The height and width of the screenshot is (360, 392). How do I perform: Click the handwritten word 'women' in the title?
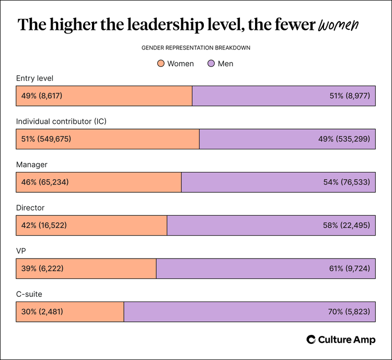pos(338,25)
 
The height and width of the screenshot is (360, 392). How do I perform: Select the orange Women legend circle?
pos(161,64)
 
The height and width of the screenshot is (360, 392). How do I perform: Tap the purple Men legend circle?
pos(211,64)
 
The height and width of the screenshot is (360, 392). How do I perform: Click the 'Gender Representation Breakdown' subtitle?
pos(195,48)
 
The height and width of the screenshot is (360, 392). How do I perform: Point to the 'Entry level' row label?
pos(35,78)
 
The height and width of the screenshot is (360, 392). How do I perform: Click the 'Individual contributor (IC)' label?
pos(62,121)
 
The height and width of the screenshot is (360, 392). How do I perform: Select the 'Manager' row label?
pos(32,165)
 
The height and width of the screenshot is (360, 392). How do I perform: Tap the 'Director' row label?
pos(31,207)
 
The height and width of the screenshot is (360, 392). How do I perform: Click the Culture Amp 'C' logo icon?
pos(311,340)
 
